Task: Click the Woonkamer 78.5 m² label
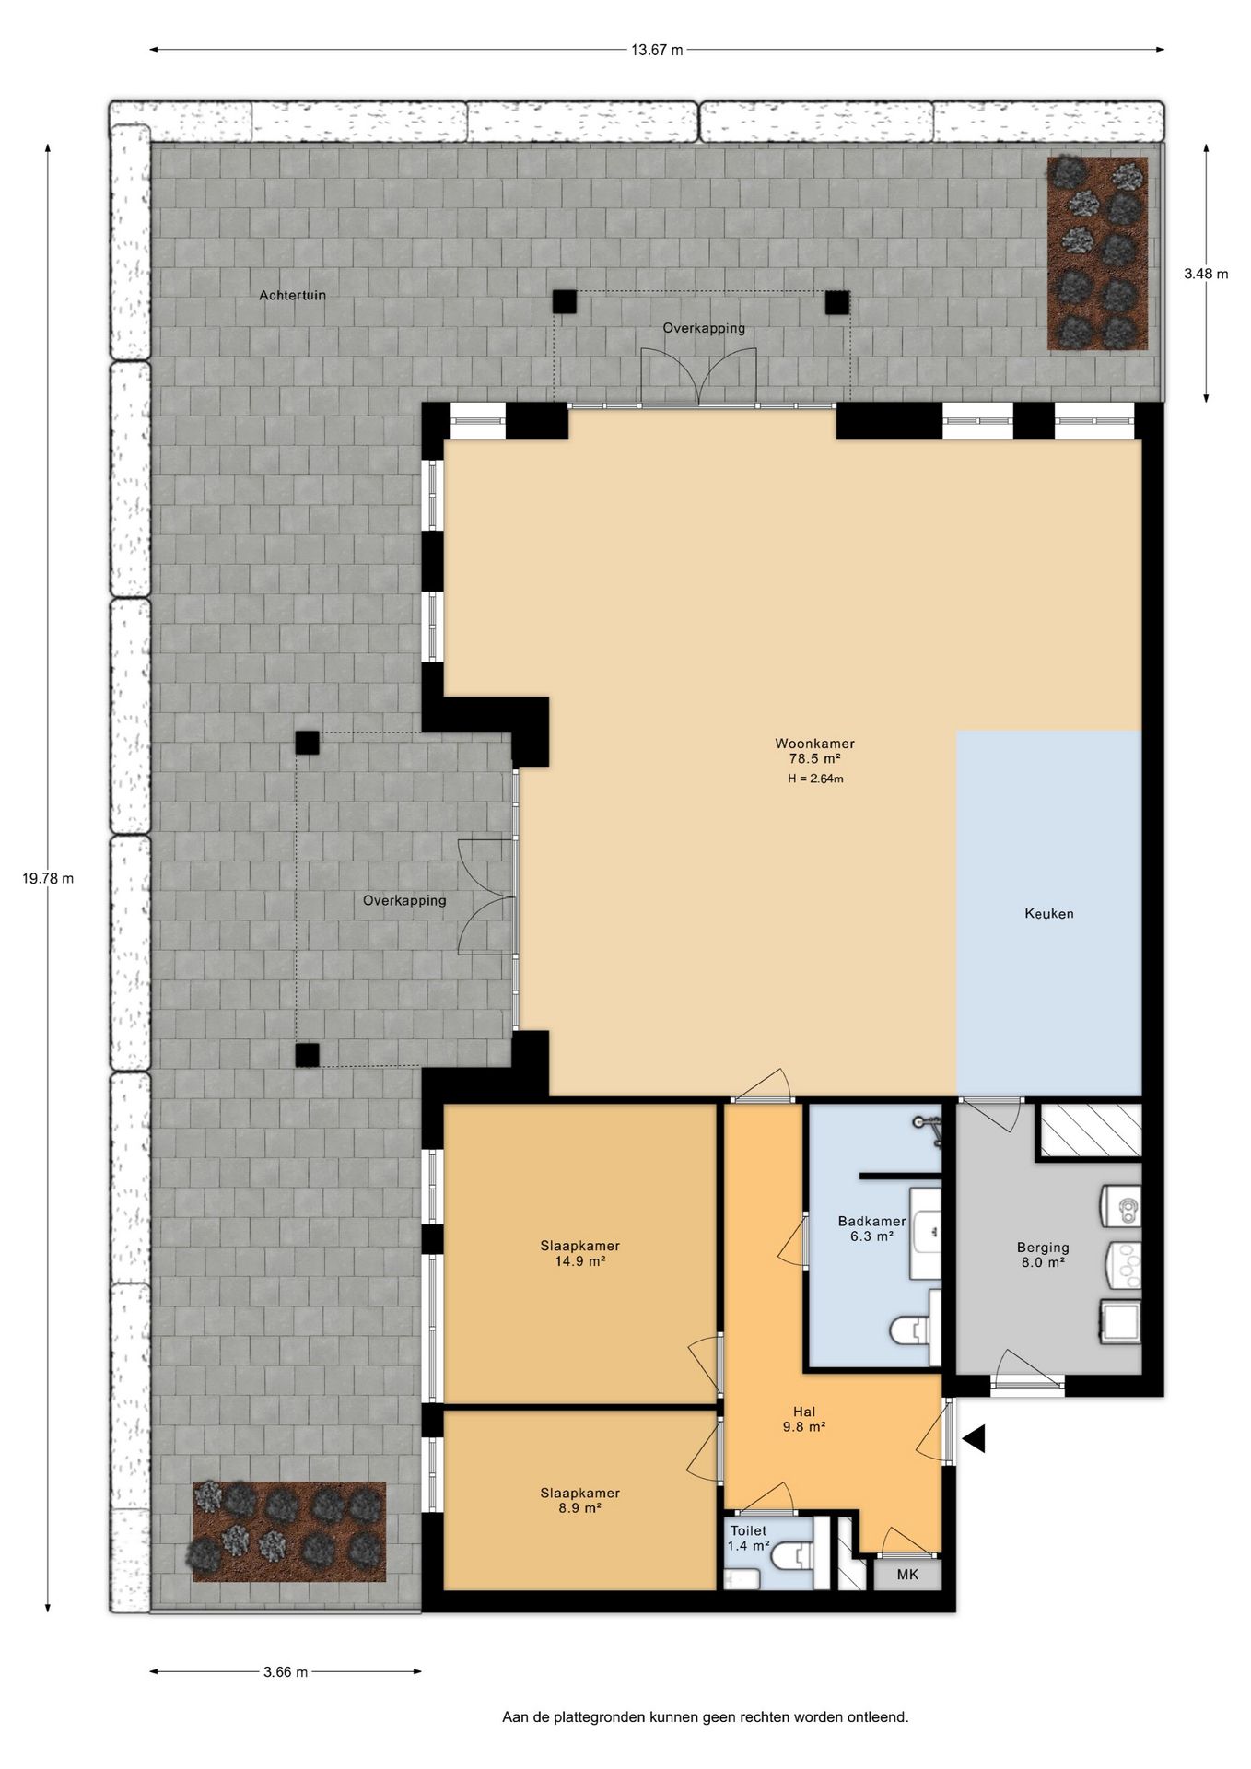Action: click(814, 751)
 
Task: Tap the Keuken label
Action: click(1049, 914)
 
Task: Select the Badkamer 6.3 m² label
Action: click(871, 1229)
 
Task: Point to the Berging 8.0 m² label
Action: click(1043, 1255)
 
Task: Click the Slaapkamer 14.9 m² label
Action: click(580, 1254)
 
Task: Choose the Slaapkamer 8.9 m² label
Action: click(580, 1501)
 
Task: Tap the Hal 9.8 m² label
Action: click(804, 1419)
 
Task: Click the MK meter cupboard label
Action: click(907, 1575)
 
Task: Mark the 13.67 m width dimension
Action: click(657, 50)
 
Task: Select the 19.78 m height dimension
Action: click(48, 878)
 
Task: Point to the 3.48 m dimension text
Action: click(1206, 274)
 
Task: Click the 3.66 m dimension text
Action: click(286, 1672)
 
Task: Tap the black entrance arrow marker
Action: click(975, 1438)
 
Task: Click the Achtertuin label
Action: click(293, 296)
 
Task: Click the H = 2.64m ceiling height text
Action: click(815, 779)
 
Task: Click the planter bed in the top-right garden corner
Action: click(1097, 253)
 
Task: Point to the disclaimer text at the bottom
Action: click(705, 1717)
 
